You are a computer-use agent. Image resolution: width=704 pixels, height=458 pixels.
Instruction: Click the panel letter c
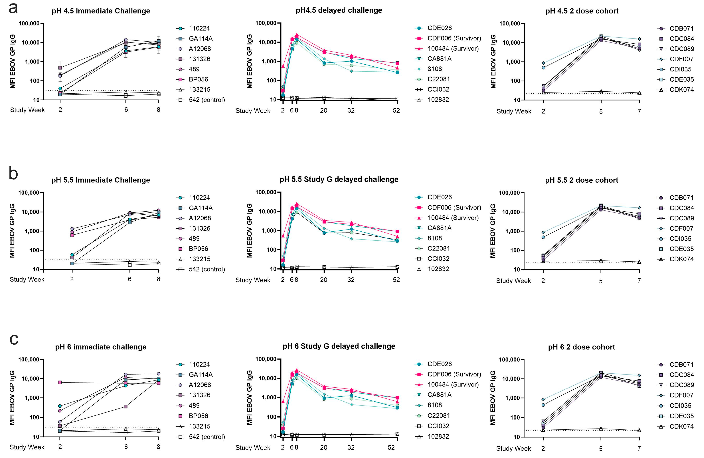coord(14,339)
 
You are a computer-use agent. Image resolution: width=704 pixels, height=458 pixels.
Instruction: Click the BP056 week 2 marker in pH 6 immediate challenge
coord(60,382)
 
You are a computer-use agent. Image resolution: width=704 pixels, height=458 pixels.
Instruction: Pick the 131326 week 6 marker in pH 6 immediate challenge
coord(126,406)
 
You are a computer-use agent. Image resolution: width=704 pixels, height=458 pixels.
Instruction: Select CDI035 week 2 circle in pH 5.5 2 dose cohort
coord(543,237)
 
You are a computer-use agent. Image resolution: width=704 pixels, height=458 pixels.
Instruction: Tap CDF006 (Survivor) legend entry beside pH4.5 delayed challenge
coord(454,38)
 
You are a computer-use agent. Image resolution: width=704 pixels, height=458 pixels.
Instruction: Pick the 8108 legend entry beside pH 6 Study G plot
coord(435,405)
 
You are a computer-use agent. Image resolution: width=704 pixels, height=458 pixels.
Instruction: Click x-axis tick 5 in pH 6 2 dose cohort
coord(601,449)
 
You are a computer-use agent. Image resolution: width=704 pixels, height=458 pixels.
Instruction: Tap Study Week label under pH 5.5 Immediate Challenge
coord(27,279)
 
